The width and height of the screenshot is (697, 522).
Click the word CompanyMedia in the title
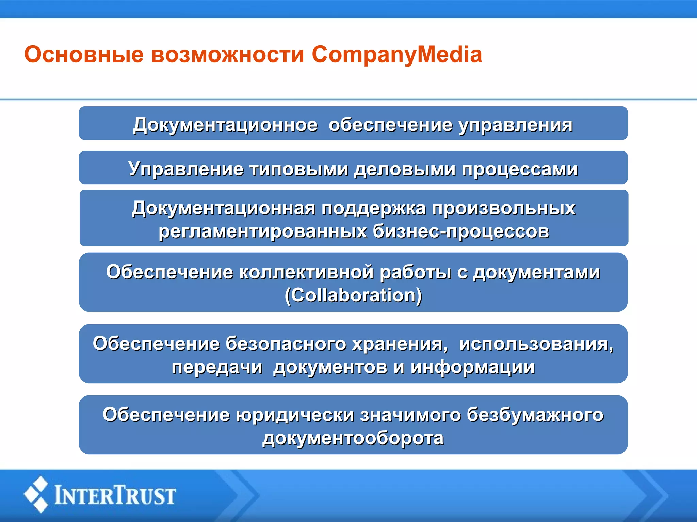397,54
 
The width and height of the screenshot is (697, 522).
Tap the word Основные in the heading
84,54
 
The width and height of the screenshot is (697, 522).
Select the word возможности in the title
227,54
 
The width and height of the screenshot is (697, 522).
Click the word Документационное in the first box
225,125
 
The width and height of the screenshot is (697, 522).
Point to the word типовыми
299,169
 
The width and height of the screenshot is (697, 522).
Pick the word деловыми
405,169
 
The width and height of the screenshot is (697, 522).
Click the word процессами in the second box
520,169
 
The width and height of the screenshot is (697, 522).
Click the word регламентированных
263,231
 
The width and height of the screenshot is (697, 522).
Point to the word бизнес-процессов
461,231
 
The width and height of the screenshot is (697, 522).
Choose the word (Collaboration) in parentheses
353,295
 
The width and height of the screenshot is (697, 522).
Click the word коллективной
306,272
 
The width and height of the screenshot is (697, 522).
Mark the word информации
472,367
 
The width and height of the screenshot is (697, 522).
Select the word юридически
295,415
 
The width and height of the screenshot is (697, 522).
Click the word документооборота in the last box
353,438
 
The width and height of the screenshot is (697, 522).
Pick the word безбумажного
535,415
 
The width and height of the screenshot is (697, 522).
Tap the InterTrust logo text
115,495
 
